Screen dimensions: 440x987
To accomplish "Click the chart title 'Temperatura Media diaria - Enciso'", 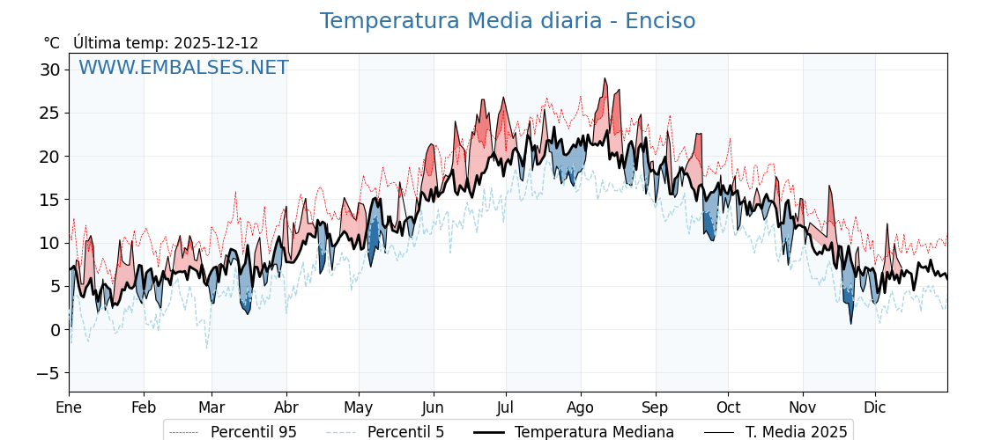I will pyautogui.click(x=507, y=21).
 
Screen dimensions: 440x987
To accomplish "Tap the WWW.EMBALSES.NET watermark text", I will pyautogui.click(x=183, y=68).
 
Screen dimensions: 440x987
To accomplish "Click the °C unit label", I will pyautogui.click(x=52, y=43).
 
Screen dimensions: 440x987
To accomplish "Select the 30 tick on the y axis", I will pyautogui.click(x=51, y=70).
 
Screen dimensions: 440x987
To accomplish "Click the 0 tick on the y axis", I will pyautogui.click(x=56, y=330).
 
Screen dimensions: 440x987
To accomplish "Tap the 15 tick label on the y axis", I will pyautogui.click(x=51, y=200).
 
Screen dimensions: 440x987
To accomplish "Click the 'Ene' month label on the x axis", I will pyautogui.click(x=69, y=408).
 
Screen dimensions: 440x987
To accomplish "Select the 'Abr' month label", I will pyautogui.click(x=286, y=408).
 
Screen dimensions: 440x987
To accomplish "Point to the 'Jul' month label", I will pyautogui.click(x=506, y=408).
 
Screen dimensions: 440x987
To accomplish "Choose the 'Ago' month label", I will pyautogui.click(x=581, y=408).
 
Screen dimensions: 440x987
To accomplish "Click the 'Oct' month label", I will pyautogui.click(x=728, y=408).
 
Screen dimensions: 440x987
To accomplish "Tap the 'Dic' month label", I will pyautogui.click(x=875, y=408).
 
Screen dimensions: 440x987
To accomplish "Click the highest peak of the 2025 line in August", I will pyautogui.click(x=605, y=78).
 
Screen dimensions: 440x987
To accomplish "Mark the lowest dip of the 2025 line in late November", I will pyautogui.click(x=851, y=324).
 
